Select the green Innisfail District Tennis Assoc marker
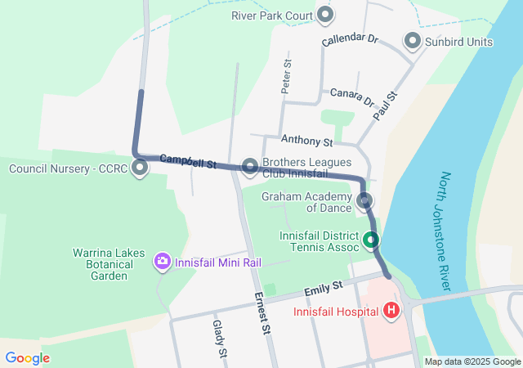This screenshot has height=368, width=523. point(371,240)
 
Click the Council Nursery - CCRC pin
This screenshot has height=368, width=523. point(140,168)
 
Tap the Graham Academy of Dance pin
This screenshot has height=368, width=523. point(364,200)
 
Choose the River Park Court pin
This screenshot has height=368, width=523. point(325,14)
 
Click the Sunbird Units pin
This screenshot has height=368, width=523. point(413,41)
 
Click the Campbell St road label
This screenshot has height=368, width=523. point(187,161)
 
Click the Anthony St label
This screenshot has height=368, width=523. point(306,141)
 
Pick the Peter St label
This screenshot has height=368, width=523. point(286,76)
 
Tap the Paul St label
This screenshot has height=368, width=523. point(385,107)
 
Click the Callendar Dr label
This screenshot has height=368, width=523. point(350,39)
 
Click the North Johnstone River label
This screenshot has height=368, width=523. point(445,231)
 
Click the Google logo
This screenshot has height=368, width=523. point(27,357)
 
